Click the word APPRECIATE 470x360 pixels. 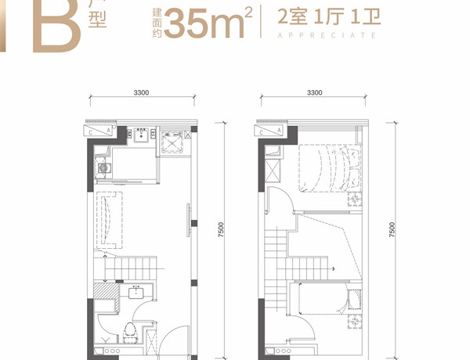click(x=327, y=35)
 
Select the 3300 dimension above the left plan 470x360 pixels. click(x=141, y=92)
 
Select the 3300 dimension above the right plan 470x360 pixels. click(x=314, y=92)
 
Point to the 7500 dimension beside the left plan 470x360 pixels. click(x=221, y=230)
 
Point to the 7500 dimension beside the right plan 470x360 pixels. click(x=392, y=230)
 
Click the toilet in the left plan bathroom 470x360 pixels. click(x=130, y=333)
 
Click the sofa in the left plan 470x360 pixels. click(x=109, y=220)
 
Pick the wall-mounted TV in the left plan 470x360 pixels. click(x=189, y=221)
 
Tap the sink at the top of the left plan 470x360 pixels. click(x=141, y=135)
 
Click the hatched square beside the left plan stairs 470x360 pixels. click(x=104, y=290)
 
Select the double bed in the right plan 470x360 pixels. click(x=331, y=168)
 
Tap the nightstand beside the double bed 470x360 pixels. click(x=355, y=199)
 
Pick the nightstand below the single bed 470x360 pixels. click(x=355, y=322)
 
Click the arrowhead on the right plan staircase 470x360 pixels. click(x=334, y=268)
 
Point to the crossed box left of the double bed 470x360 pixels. click(x=273, y=171)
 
